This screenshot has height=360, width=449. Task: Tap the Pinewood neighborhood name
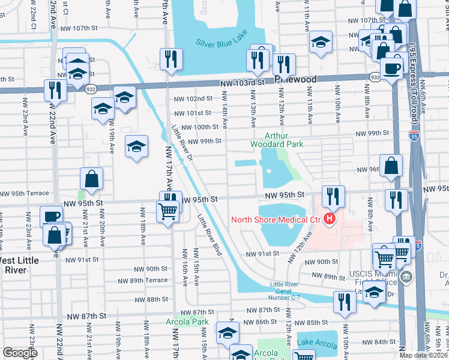pyautogui.click(x=295, y=79)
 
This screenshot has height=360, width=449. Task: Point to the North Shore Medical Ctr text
pyautogui.click(x=276, y=220)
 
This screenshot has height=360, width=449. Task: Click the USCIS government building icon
pyautogui.click(x=407, y=277)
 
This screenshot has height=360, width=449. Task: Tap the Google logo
pyautogui.click(x=19, y=353)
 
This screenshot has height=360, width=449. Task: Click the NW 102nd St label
pyautogui.click(x=193, y=98)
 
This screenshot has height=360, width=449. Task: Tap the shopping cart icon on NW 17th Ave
pyautogui.click(x=167, y=210)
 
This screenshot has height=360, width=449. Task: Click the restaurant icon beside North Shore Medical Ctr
pyautogui.click(x=333, y=196)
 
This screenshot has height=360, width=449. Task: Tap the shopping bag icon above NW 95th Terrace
pyautogui.click(x=91, y=179)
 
